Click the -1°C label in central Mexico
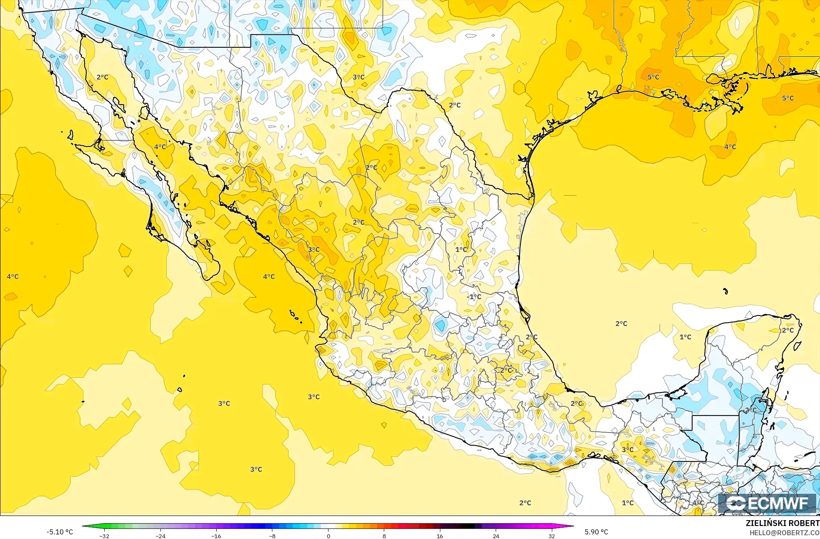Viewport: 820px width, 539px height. [474, 297]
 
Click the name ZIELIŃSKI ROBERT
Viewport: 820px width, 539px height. [782, 523]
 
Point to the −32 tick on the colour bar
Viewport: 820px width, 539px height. [104, 536]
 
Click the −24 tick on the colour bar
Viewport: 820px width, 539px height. [160, 536]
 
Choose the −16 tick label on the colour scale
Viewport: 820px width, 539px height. [216, 536]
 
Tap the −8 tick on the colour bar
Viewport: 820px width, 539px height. [272, 536]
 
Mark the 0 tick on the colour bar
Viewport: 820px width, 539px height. [328, 536]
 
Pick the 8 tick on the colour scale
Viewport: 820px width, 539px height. [384, 536]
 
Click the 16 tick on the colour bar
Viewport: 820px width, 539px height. [440, 536]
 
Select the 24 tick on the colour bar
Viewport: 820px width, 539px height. [496, 536]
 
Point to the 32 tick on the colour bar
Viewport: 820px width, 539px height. [552, 536]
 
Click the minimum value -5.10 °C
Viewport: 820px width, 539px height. [59, 532]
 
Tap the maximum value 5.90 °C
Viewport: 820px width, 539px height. [596, 532]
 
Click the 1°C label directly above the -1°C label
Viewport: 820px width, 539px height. [461, 249]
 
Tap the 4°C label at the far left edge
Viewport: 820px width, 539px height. [13, 276]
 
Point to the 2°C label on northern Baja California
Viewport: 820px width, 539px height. [102, 77]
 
